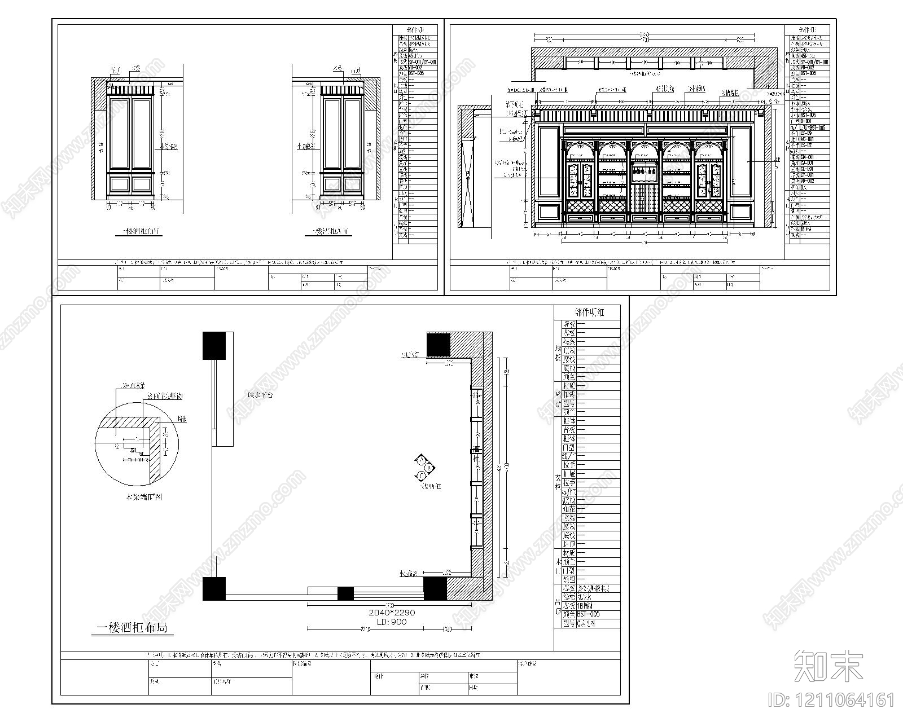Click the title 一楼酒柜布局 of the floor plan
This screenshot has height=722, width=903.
coord(132,628)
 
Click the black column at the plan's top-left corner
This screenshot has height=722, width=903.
coord(214,345)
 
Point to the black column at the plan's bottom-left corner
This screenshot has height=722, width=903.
coord(214,588)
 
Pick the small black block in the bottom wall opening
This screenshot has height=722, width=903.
coord(345,593)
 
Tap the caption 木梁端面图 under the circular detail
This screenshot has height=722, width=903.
coord(143,498)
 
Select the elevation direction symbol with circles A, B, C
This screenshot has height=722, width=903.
coord(424,468)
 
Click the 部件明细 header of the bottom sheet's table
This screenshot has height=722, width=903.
coord(588,312)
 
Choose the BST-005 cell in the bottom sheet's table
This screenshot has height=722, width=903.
coord(588,614)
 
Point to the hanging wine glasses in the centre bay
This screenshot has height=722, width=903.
coord(645,170)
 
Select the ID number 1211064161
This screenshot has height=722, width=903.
coord(831,701)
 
